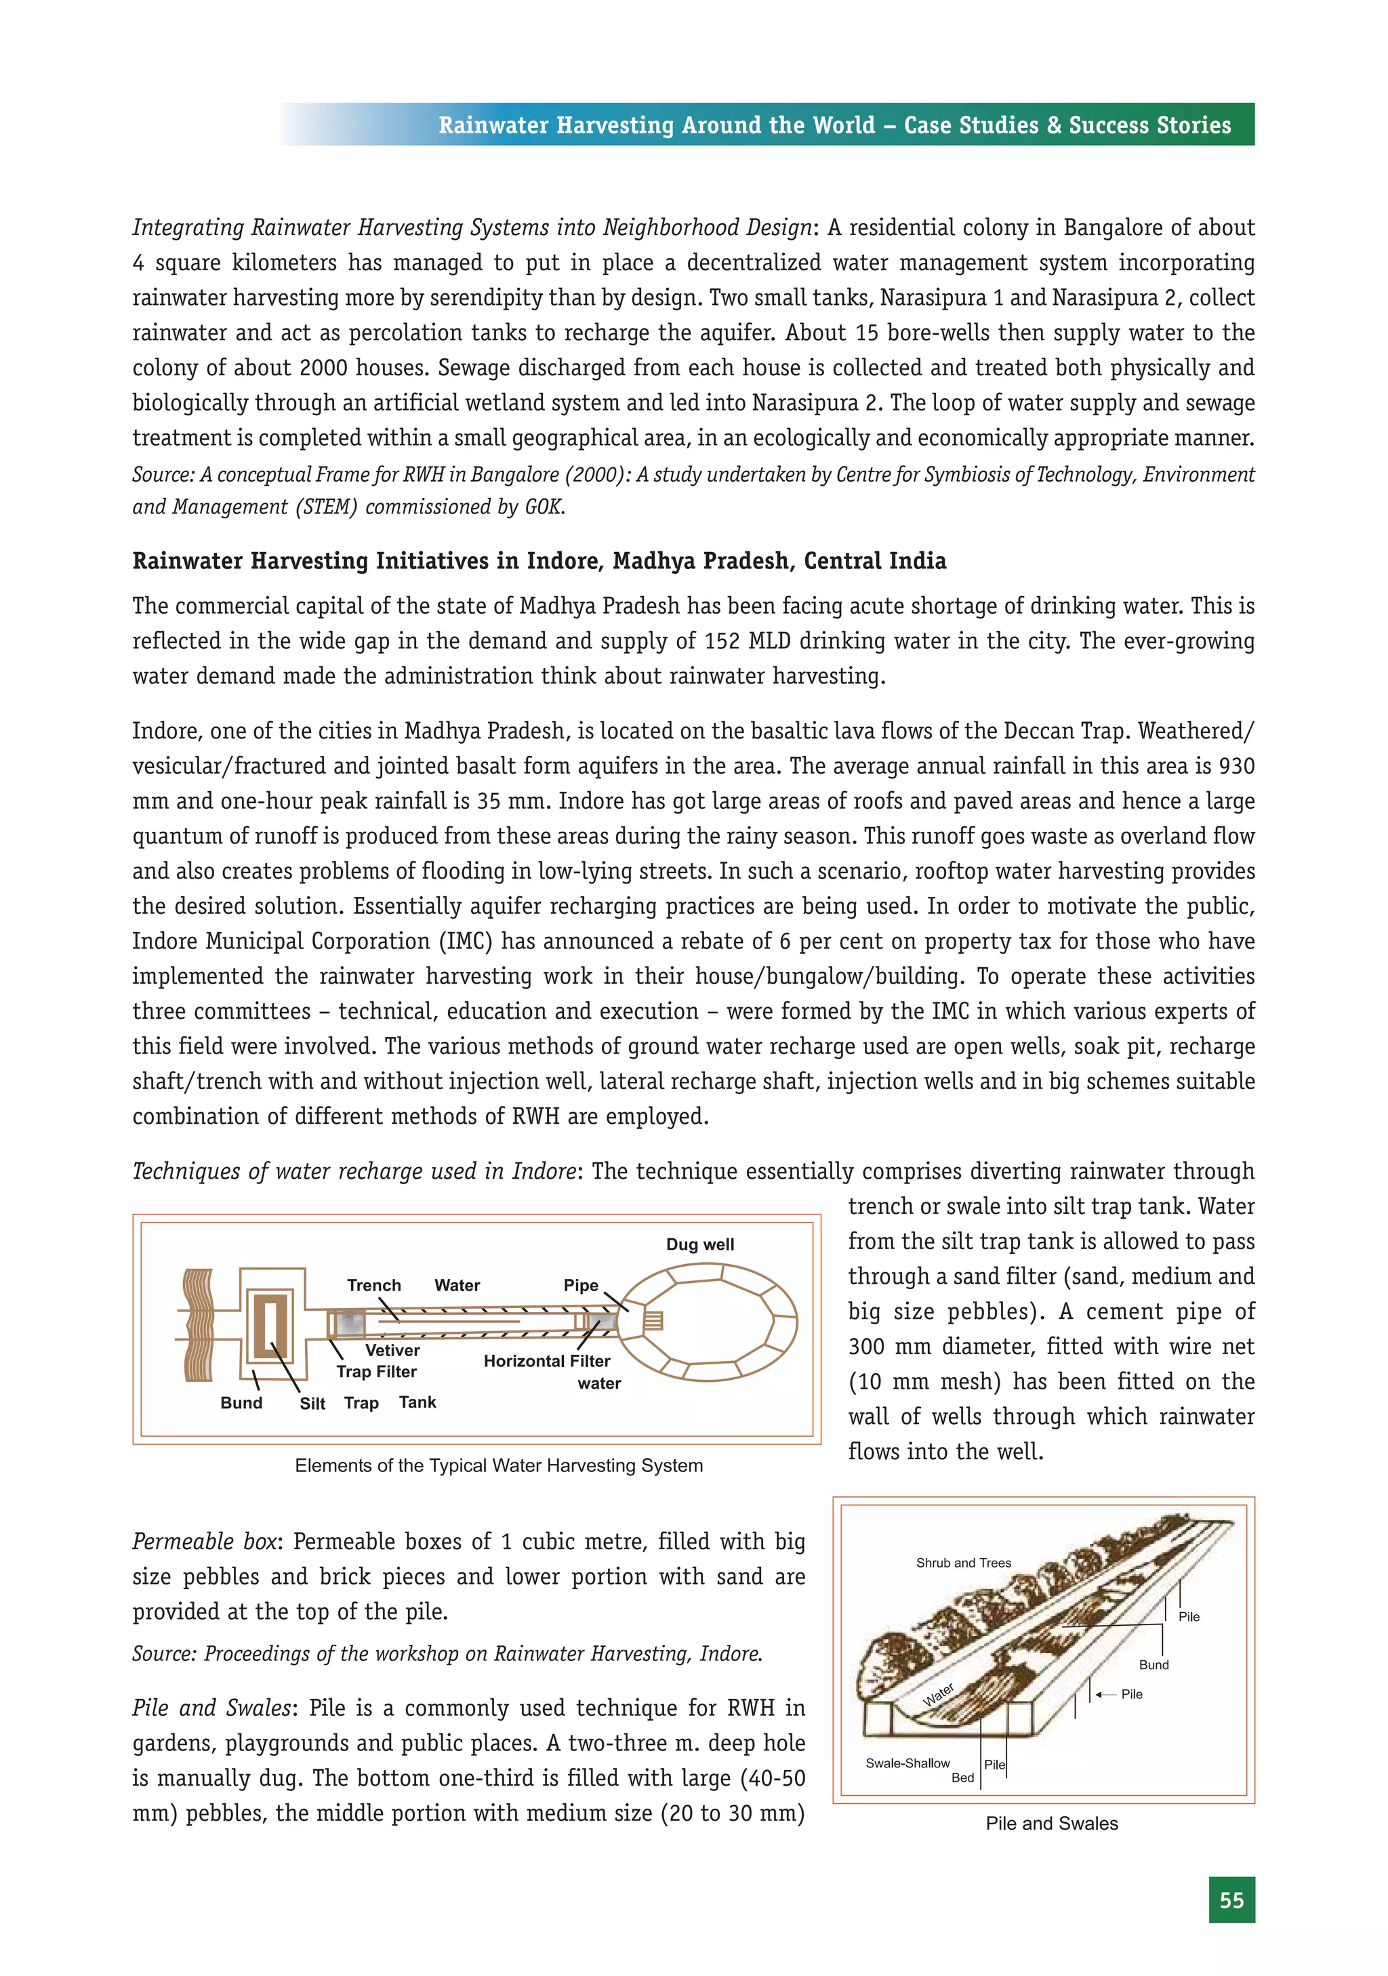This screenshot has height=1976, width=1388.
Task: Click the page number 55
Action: (1231, 1900)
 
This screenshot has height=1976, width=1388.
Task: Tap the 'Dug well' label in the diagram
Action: (700, 1244)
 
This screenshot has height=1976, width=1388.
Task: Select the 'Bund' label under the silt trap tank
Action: (241, 1403)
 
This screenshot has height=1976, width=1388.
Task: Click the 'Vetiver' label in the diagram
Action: (392, 1350)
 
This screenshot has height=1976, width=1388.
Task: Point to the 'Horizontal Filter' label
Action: (547, 1361)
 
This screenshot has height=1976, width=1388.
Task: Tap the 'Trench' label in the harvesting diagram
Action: (373, 1285)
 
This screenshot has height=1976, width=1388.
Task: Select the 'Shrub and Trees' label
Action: (964, 1563)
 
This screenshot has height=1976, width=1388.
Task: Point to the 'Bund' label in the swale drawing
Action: (1154, 1664)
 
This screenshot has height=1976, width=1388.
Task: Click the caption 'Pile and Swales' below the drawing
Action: (1051, 1823)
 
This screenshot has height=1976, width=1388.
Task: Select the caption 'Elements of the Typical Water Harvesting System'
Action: (499, 1466)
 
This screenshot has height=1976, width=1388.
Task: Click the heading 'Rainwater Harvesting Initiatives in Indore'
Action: (539, 561)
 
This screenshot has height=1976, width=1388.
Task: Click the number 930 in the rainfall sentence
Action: (1236, 766)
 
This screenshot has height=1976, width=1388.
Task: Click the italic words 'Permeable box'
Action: (204, 1541)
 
